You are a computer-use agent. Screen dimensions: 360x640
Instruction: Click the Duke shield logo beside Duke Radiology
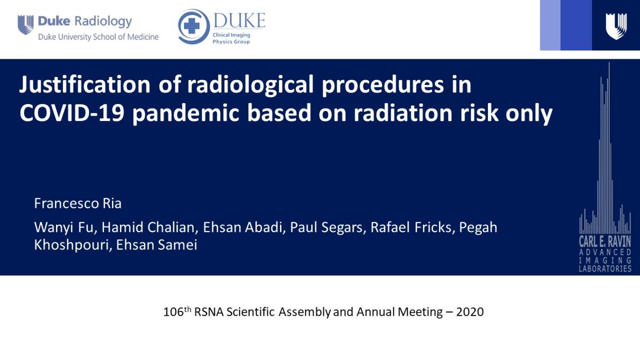point(25,25)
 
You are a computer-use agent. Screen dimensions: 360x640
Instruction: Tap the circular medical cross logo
point(193,26)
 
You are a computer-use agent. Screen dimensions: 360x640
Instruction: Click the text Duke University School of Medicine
point(98,37)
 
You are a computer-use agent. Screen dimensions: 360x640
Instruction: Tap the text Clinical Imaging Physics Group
point(231,38)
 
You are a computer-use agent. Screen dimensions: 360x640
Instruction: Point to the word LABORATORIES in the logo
point(605,268)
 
